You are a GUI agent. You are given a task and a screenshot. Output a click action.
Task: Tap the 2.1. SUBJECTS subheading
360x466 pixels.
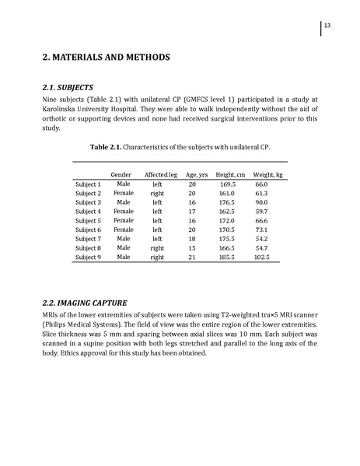point(74,86)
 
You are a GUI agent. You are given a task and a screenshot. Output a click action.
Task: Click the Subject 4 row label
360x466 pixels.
point(88,211)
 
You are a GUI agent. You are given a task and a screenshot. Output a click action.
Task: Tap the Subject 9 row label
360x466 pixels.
point(88,257)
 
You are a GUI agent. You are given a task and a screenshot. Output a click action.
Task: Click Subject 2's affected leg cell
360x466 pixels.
point(157,192)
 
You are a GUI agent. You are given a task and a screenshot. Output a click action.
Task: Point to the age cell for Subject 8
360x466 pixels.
point(192,247)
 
